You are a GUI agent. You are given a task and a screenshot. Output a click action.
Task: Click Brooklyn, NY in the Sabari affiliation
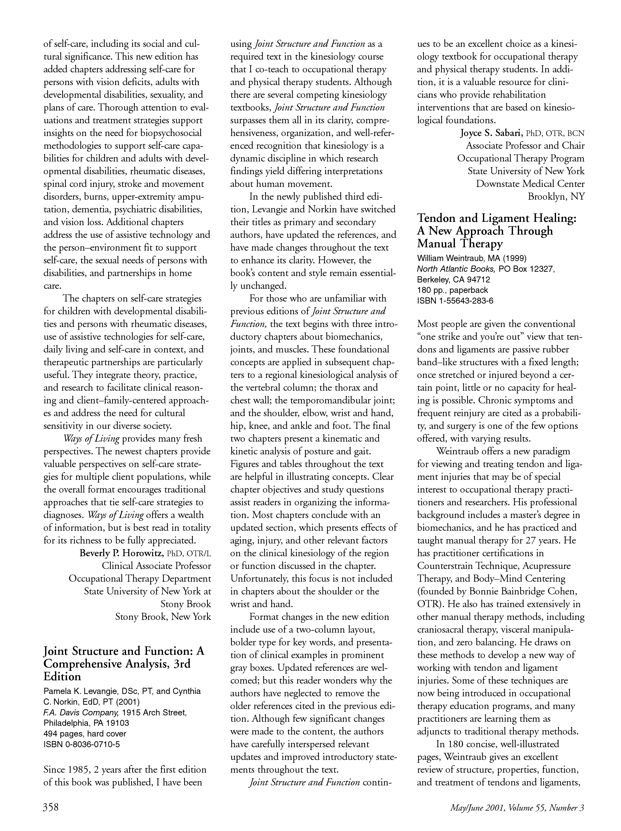tap(556, 196)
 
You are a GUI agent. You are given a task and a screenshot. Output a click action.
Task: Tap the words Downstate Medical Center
tap(530, 184)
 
